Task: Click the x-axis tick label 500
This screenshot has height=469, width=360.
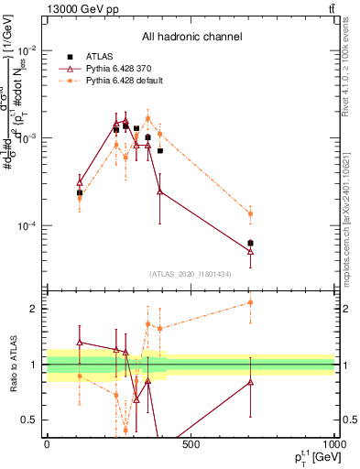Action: (191, 444)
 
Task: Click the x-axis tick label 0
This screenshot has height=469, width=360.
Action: (47, 444)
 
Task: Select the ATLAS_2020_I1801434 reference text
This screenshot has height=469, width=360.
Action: (191, 274)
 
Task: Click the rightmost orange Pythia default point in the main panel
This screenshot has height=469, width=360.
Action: (250, 213)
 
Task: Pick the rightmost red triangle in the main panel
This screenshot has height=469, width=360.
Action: (250, 250)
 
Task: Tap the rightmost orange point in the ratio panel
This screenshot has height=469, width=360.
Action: (250, 302)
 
